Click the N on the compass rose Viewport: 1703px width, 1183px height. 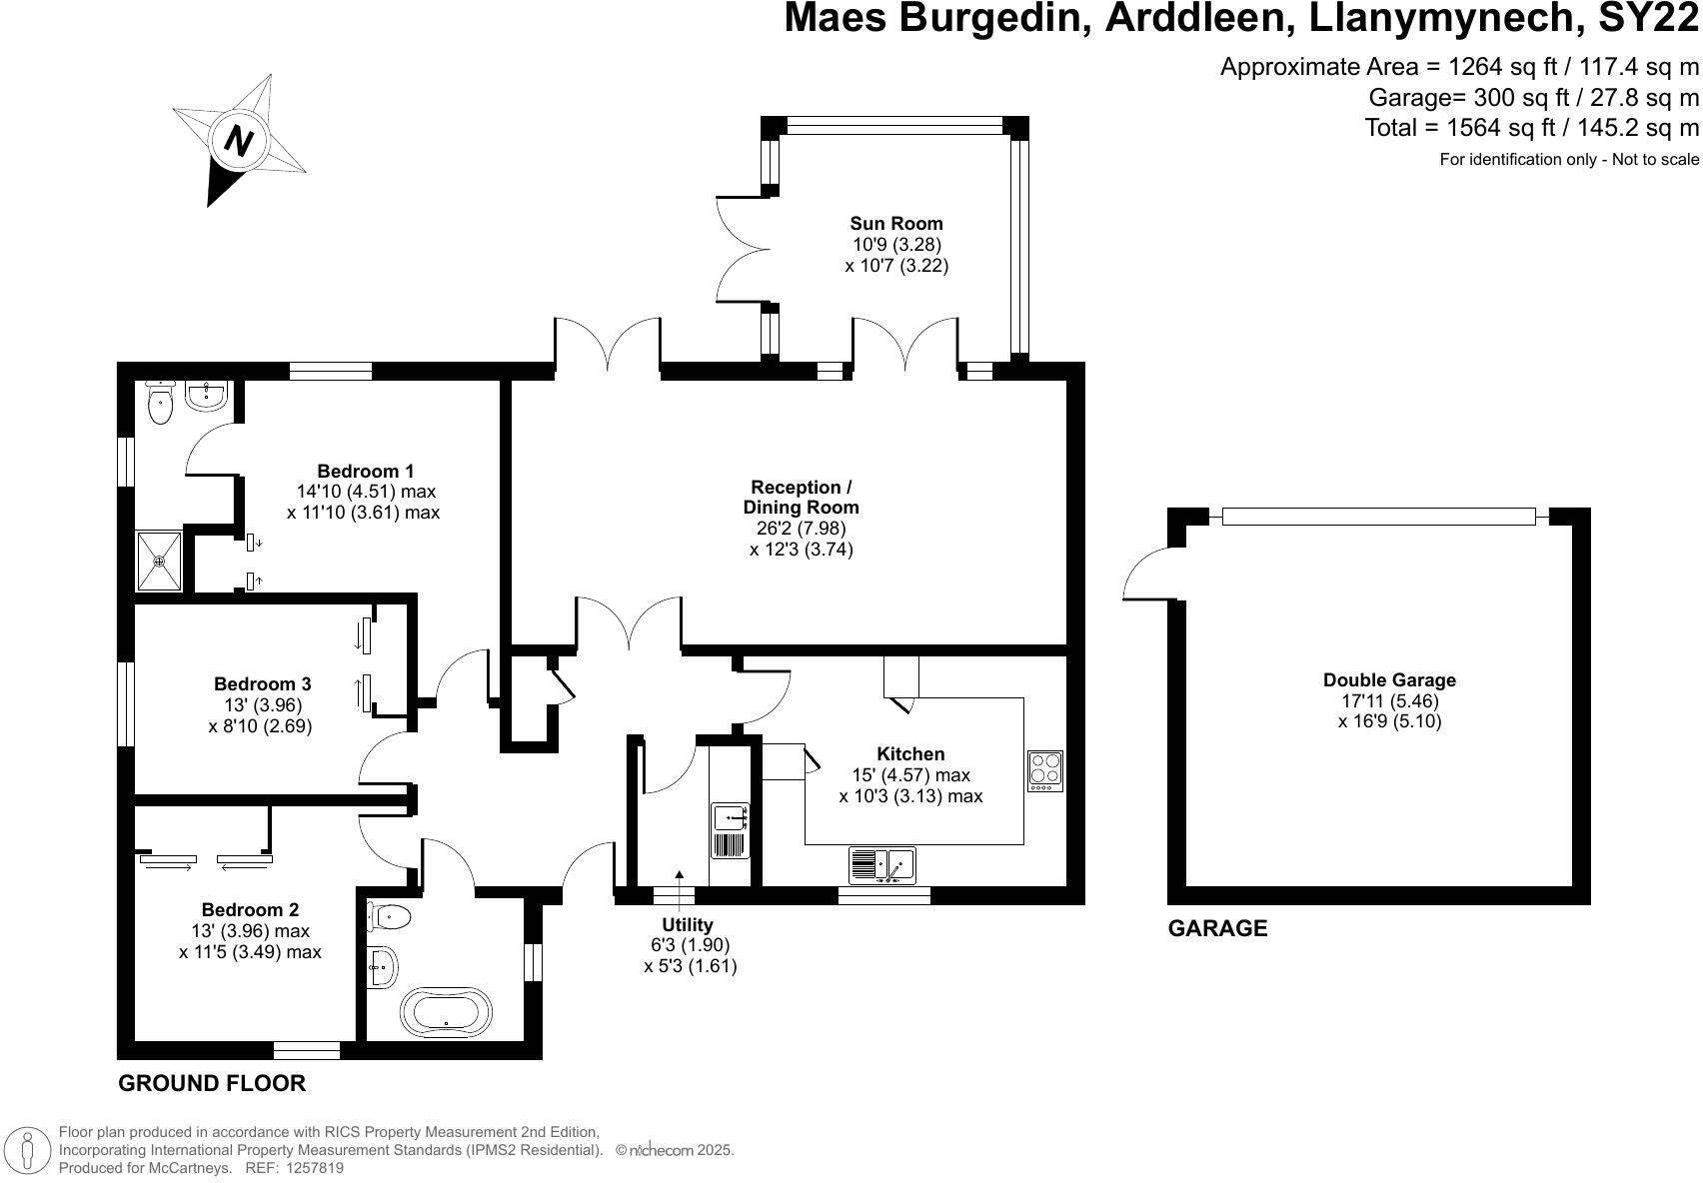(238, 140)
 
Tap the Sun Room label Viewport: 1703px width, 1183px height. (895, 223)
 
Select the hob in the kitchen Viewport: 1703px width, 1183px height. (1045, 770)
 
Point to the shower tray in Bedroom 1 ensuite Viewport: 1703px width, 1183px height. (160, 561)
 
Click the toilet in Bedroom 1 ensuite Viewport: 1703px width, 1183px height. (160, 403)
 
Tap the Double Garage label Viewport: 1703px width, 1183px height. (1389, 680)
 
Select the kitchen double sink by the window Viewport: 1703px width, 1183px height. (881, 863)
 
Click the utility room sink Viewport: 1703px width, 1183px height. (731, 817)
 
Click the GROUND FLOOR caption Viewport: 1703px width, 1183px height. (212, 1083)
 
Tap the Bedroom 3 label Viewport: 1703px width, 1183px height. (262, 684)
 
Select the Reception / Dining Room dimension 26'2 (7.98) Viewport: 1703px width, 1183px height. (801, 528)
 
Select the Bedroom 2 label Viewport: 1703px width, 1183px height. (250, 910)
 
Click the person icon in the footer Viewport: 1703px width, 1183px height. (28, 1150)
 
